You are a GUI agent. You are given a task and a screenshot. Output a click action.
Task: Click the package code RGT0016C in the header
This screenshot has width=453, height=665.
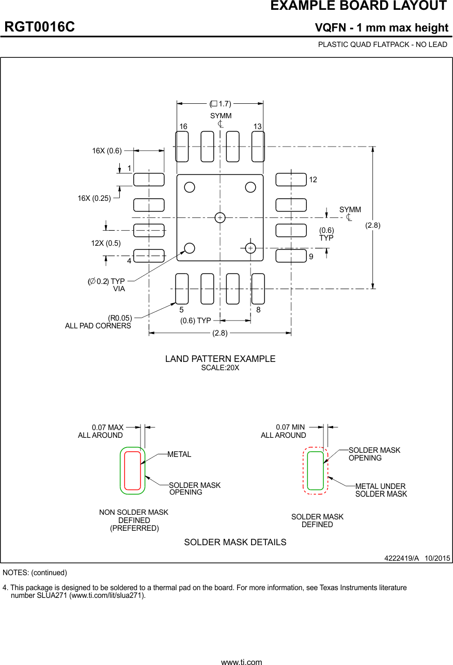40,27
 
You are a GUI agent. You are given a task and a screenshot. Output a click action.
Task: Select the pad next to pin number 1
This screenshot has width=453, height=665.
149,180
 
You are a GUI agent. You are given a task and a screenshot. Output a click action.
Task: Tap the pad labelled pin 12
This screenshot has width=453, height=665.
291,180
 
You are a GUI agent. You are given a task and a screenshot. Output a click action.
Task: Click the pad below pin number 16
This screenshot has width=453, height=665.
182,147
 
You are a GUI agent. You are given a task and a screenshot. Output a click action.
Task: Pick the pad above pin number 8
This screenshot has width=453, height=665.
258,289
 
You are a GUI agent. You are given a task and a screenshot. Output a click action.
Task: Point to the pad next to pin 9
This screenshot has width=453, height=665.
291,256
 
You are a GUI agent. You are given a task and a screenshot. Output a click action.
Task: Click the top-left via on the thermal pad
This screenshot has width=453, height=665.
190,187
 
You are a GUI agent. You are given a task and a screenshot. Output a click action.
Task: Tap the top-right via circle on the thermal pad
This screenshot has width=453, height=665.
251,187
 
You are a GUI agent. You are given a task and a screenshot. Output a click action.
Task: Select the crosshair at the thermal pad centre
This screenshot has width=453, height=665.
220,217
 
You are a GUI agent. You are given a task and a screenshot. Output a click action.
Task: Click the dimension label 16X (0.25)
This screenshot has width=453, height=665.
94,198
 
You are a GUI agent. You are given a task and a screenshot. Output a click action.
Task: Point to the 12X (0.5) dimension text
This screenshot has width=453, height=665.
106,243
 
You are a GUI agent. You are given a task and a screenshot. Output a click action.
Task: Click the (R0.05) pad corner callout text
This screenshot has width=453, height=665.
120,318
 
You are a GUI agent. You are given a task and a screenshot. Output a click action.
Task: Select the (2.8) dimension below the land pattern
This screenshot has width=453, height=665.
220,333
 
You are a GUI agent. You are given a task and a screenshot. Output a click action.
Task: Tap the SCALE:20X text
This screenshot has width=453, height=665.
220,368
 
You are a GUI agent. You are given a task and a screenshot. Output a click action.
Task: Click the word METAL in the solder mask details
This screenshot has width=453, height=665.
179,454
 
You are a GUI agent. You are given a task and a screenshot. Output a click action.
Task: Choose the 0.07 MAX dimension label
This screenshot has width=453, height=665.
107,427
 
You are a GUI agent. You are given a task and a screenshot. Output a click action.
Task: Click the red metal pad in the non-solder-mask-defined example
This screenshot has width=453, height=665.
133,470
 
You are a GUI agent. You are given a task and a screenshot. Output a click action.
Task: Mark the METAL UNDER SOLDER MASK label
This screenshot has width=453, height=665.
381,490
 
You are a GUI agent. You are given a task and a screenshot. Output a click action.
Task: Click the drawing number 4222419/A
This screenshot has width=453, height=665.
401,558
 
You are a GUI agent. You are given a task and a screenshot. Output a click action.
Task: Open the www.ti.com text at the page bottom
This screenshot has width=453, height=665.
241,661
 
